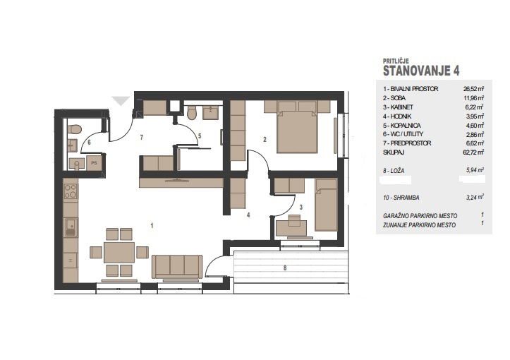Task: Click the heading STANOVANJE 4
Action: tap(421, 71)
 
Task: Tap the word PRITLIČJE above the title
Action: tap(396, 61)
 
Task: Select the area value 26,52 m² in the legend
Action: tap(473, 88)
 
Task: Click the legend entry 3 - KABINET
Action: tap(398, 107)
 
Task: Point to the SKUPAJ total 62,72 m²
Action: tap(473, 152)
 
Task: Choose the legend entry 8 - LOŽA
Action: tap(394, 171)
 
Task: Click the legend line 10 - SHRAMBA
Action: tap(401, 198)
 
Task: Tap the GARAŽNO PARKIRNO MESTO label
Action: tap(420, 216)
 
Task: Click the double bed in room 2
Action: tap(297, 127)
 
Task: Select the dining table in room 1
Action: tap(119, 252)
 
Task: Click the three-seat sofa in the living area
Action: tap(177, 267)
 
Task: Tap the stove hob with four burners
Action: tap(71, 191)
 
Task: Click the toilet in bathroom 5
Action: tap(192, 113)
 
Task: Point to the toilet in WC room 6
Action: tap(75, 129)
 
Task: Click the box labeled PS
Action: tap(95, 163)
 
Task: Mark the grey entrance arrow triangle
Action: tap(121, 101)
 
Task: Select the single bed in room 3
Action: tap(326, 205)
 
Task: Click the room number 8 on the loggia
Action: tap(285, 268)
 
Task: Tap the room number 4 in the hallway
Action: tap(248, 215)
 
